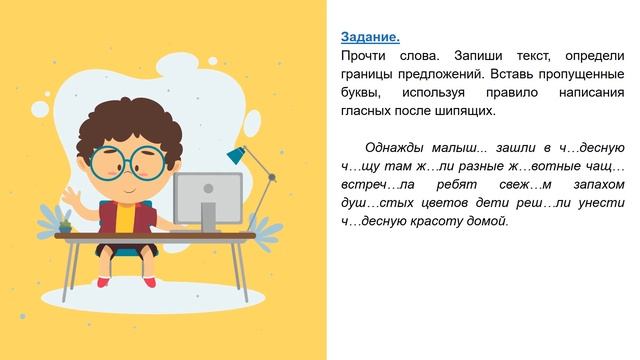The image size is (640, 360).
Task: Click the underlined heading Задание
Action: (x=370, y=37)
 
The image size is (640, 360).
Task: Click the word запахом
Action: (x=599, y=185)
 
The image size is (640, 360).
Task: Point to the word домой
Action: (x=488, y=221)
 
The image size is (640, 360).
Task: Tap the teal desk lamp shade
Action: (x=236, y=154)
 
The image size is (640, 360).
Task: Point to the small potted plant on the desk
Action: (x=65, y=224)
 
